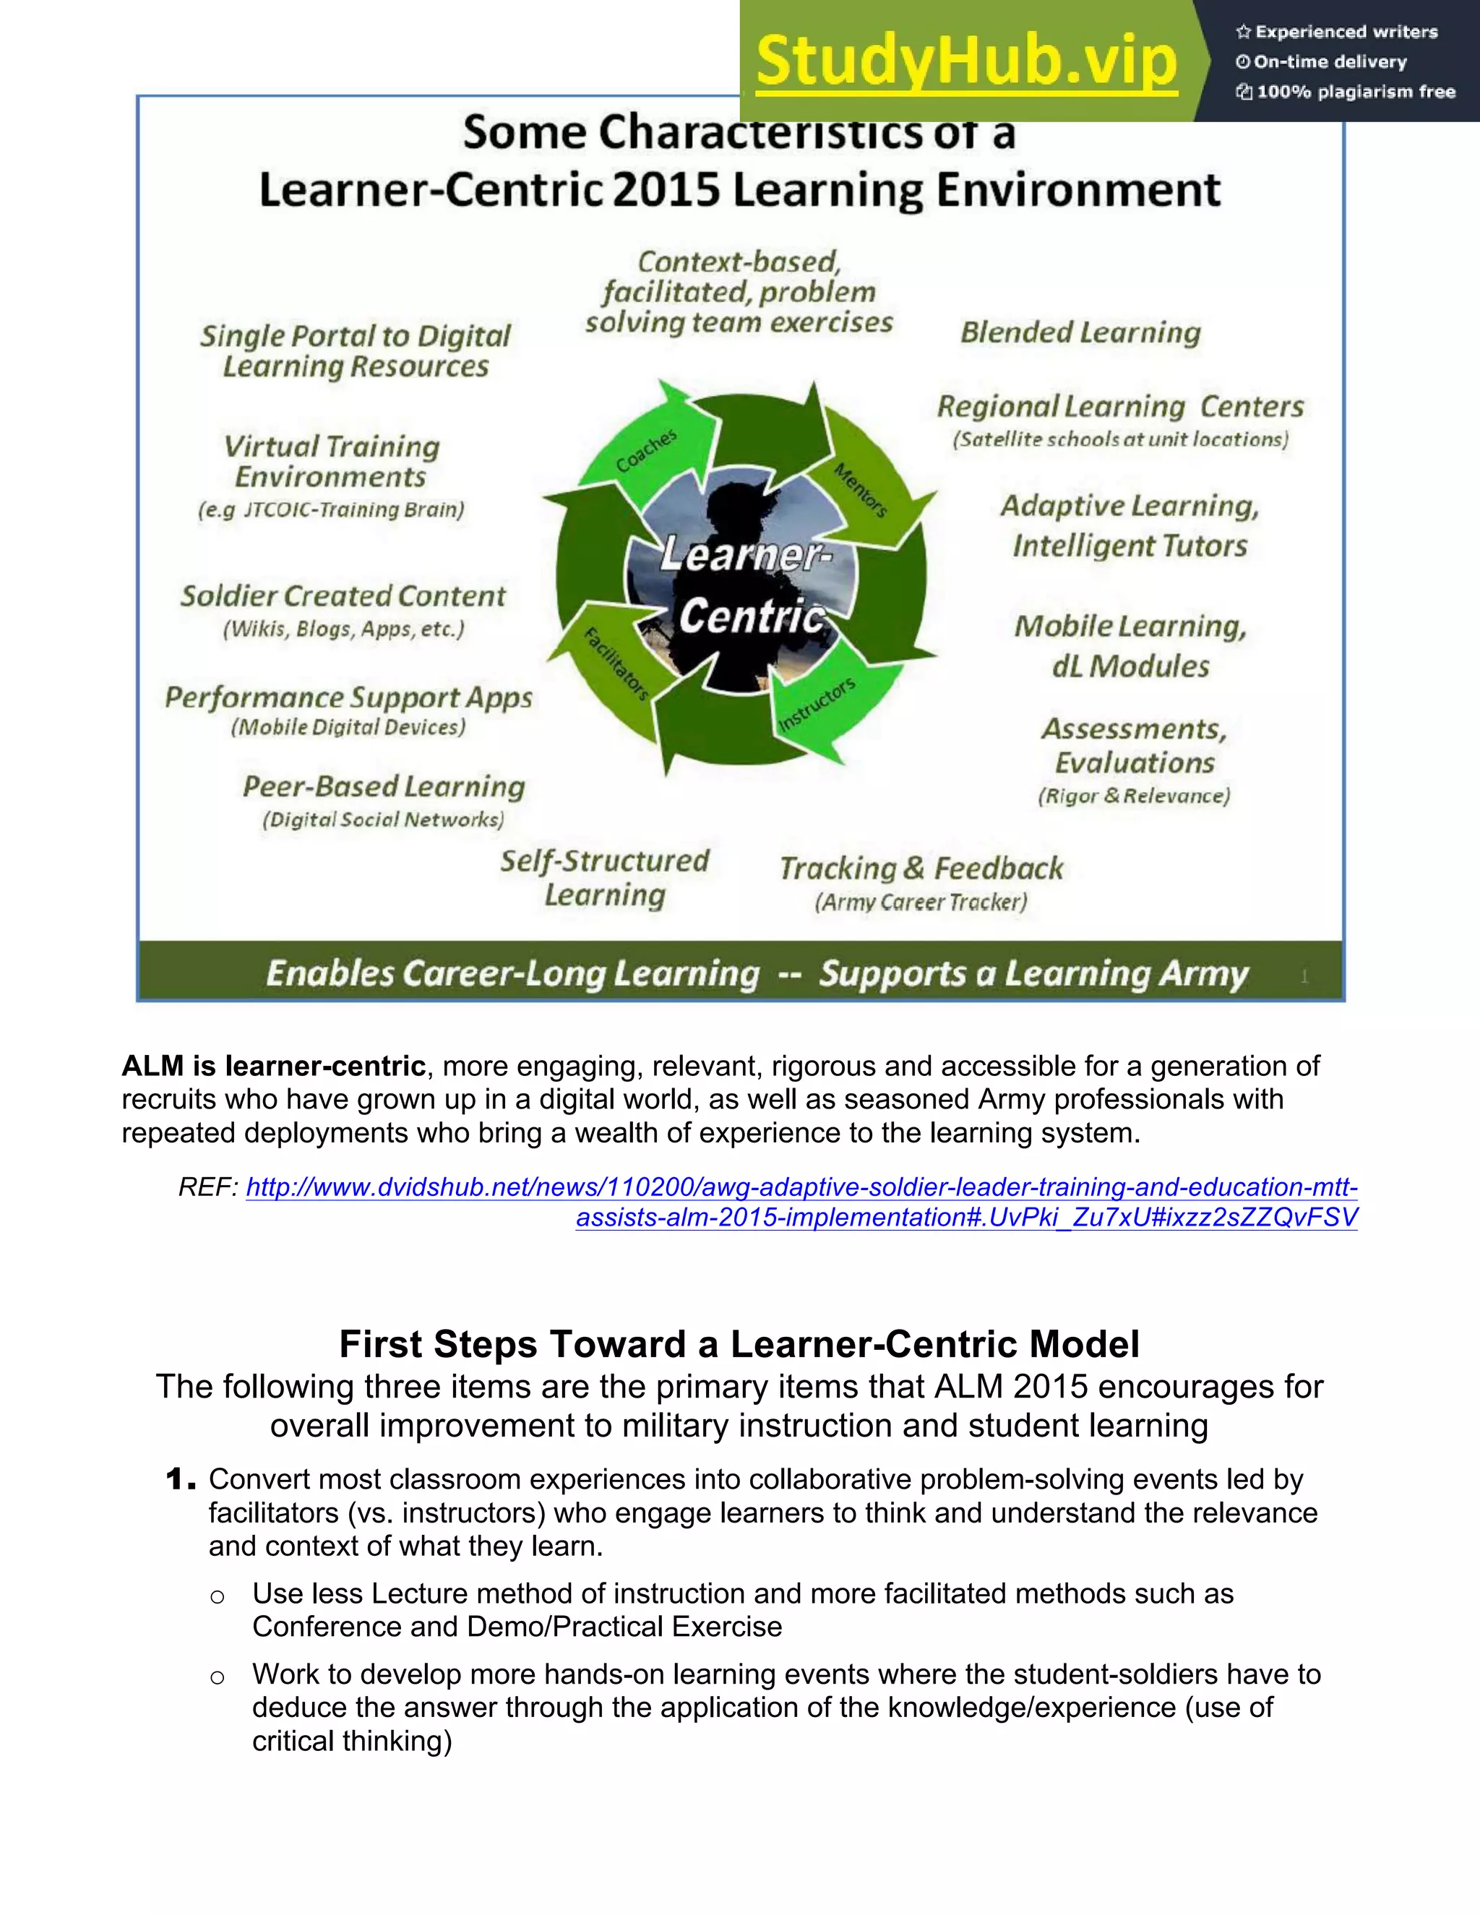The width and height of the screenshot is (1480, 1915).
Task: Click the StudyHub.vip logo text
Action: pyautogui.click(x=966, y=61)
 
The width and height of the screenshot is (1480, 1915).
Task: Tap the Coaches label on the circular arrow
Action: pyautogui.click(x=646, y=451)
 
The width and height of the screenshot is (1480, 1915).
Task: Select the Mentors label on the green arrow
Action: pyautogui.click(x=861, y=489)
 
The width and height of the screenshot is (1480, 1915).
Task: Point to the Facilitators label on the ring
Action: pyautogui.click(x=616, y=664)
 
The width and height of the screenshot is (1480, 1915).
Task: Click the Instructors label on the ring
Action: pyautogui.click(x=817, y=704)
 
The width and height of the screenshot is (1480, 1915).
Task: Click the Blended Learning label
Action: pyautogui.click(x=1080, y=332)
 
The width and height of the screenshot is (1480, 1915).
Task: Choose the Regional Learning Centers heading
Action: pyautogui.click(x=1119, y=407)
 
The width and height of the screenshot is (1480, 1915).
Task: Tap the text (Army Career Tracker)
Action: pyautogui.click(x=921, y=903)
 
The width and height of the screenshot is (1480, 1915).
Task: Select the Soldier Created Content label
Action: pyautogui.click(x=343, y=596)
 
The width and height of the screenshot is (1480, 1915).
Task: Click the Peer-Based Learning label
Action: pyautogui.click(x=384, y=786)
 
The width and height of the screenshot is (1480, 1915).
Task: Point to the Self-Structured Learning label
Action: pyautogui.click(x=604, y=878)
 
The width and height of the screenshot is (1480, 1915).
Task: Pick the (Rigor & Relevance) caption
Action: pyautogui.click(x=1134, y=796)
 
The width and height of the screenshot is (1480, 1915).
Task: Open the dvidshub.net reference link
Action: pyautogui.click(x=801, y=1188)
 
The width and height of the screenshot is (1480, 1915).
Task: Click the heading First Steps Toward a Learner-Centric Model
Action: pyautogui.click(x=739, y=1344)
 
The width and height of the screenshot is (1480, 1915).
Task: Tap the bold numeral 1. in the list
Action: pyautogui.click(x=181, y=1480)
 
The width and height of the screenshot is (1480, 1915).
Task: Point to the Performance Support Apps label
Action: pyautogui.click(x=348, y=697)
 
